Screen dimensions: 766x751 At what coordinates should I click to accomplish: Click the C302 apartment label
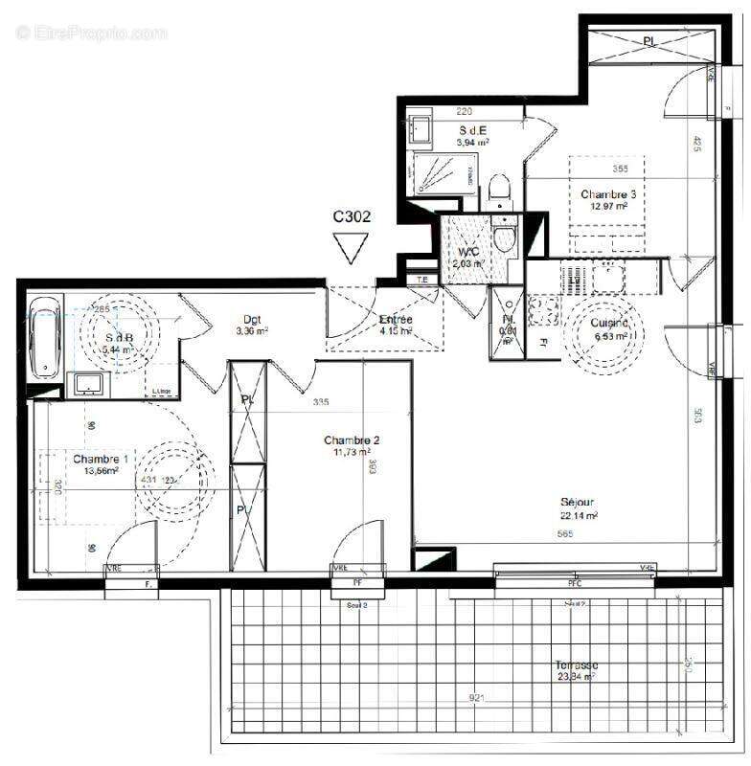point(352,216)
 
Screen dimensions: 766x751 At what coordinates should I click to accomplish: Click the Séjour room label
point(579,503)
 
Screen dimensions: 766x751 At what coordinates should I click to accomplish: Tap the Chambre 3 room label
point(608,194)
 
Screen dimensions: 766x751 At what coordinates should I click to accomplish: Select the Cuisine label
point(609,324)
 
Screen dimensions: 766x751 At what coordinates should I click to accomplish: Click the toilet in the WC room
point(504,238)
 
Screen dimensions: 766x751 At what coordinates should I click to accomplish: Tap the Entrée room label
point(395,319)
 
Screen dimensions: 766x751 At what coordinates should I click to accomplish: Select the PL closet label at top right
point(649,41)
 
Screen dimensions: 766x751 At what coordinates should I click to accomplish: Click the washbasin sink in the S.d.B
point(89,385)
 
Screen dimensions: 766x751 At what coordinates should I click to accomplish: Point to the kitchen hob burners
point(545,310)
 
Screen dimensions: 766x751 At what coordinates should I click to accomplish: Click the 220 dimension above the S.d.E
point(464,112)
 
